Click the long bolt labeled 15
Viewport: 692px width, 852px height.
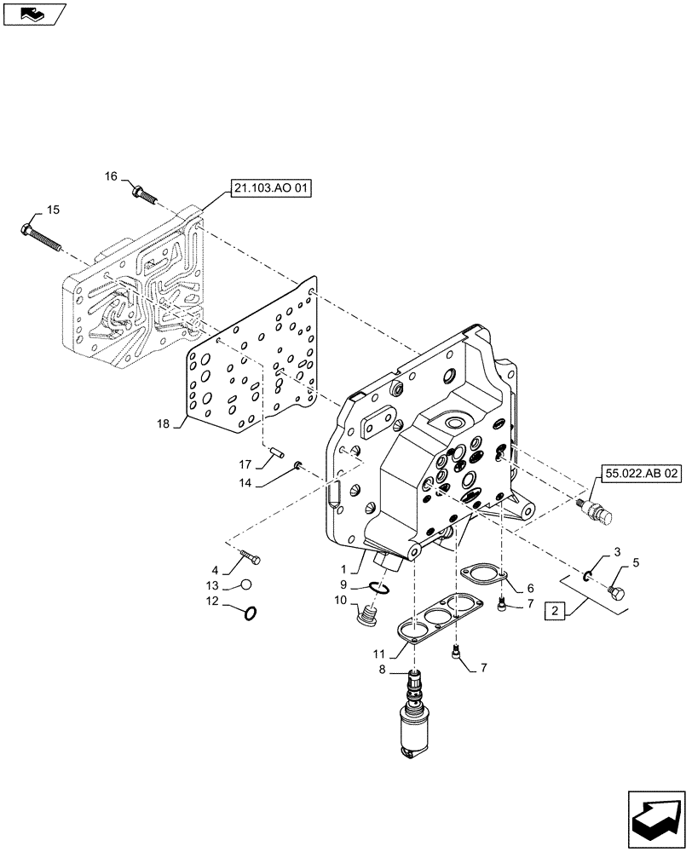pos(42,237)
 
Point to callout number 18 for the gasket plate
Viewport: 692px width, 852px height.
pos(164,423)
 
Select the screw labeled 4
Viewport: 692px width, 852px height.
pos(250,557)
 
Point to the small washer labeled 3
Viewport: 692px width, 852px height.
pos(588,577)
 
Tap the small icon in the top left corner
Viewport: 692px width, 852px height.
pos(32,12)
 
